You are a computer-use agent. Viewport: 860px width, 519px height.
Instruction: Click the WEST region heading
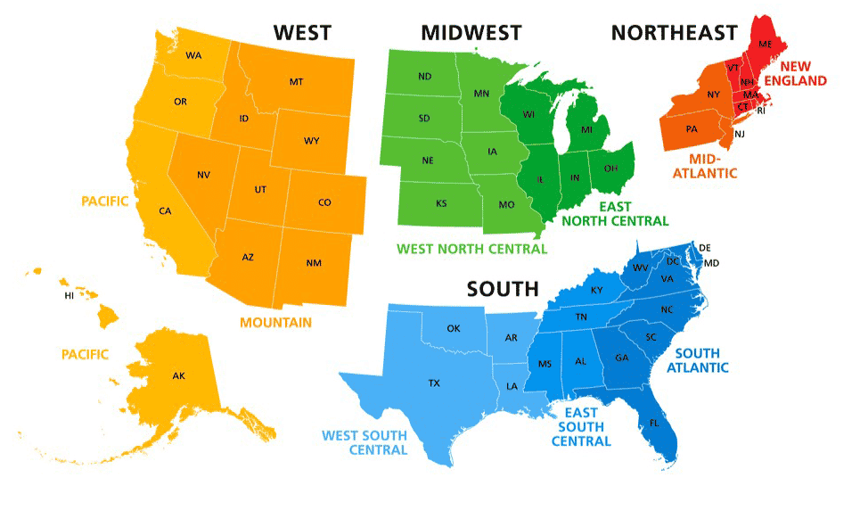coord(302,33)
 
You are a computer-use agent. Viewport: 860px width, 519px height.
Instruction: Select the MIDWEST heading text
coord(471,33)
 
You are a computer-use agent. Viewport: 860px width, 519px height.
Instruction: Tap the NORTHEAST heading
coord(674,33)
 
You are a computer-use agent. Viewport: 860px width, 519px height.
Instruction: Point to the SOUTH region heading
coord(503,288)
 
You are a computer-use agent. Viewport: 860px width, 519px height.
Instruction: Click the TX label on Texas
coord(434,383)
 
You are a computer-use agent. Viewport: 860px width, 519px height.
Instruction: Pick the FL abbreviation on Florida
coord(655,422)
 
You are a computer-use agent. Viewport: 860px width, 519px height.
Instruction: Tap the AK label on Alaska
coord(179,376)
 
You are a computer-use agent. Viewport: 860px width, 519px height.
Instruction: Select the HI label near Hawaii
coord(69,295)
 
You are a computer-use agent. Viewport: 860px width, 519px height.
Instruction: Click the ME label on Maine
coord(765,44)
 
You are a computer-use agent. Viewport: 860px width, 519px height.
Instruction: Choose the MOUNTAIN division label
coord(275,322)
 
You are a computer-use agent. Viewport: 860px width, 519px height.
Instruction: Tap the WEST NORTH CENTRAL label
coord(471,249)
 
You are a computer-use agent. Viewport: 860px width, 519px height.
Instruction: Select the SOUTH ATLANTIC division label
coord(701,360)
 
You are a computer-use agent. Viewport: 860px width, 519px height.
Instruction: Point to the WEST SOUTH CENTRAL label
coord(364,442)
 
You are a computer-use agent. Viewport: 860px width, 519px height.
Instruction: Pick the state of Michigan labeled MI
coord(586,131)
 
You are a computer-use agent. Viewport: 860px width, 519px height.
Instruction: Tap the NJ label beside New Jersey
coord(739,135)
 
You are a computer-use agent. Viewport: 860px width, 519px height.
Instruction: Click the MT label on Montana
coord(296,82)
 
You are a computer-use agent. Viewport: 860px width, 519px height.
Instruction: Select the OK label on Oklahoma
coord(454,329)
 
